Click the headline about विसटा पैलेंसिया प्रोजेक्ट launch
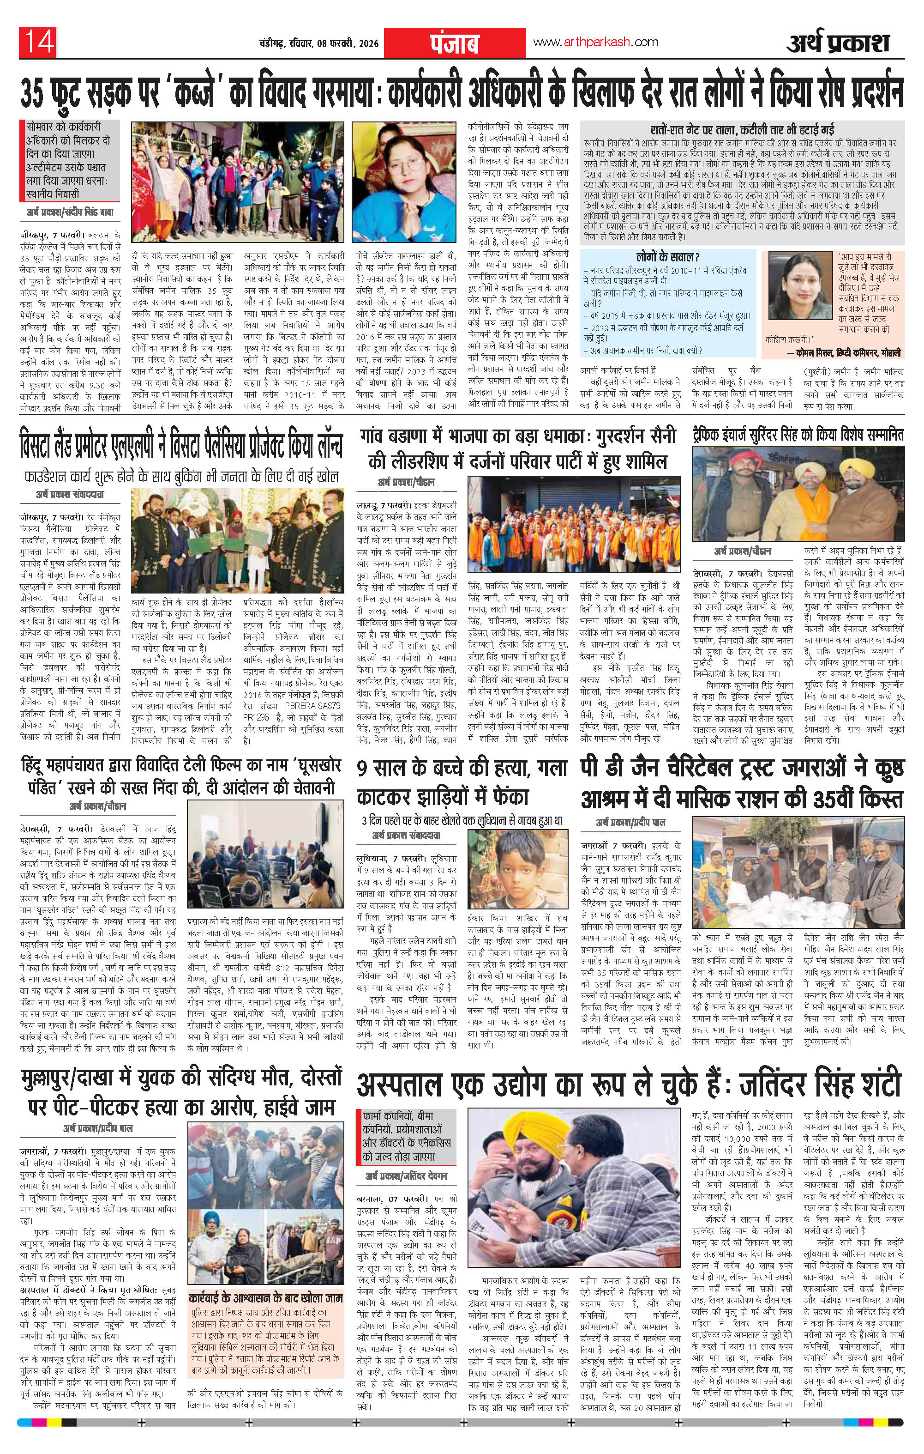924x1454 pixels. point(180,446)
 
